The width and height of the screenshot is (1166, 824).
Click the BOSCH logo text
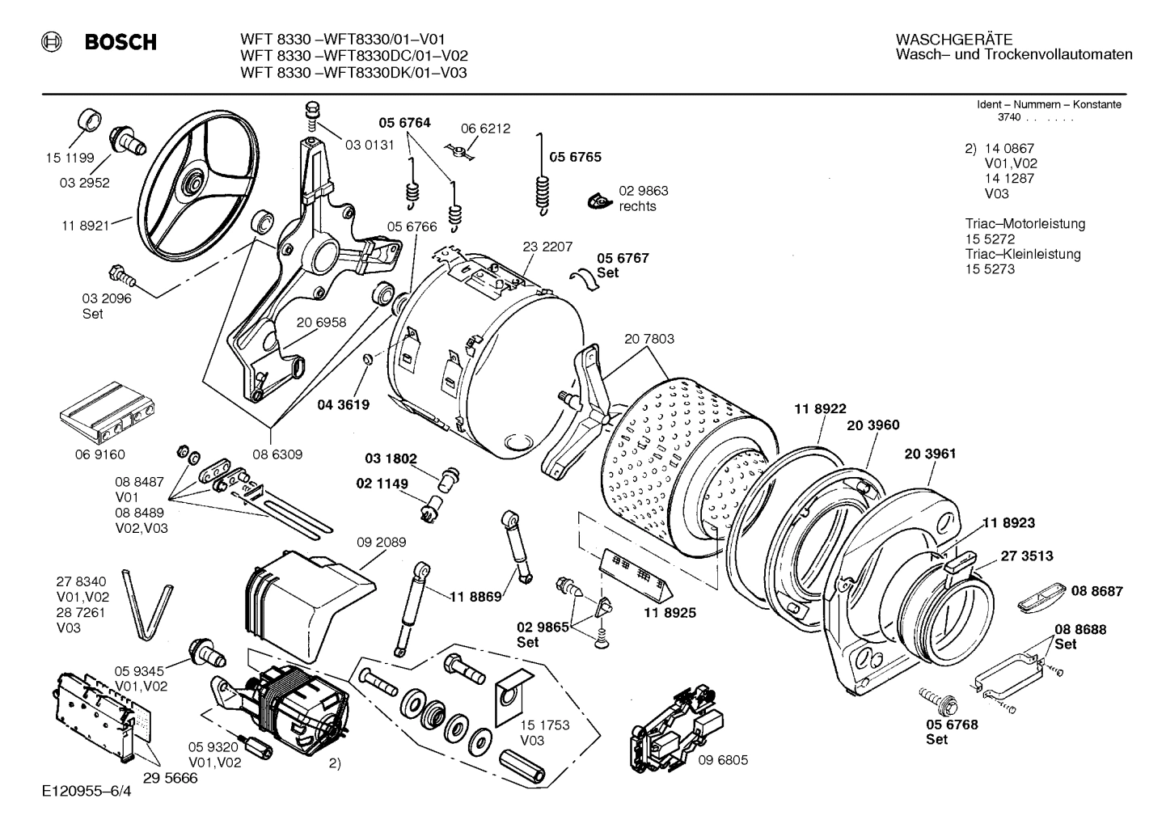coord(120,42)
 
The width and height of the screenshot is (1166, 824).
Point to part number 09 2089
coord(381,543)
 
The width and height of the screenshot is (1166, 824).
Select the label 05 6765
coord(575,157)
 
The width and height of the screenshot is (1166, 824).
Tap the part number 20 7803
coord(648,340)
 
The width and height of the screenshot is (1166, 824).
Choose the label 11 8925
coord(670,613)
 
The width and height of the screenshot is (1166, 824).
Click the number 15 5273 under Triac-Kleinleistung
coord(989,269)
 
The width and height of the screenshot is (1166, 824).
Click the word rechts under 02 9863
coord(637,206)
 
